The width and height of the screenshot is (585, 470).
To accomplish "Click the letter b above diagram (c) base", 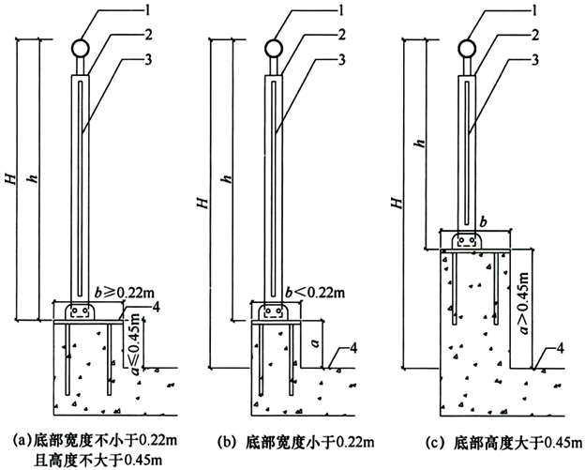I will click(x=484, y=222).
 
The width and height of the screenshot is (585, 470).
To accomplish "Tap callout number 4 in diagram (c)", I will click(x=559, y=349).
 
